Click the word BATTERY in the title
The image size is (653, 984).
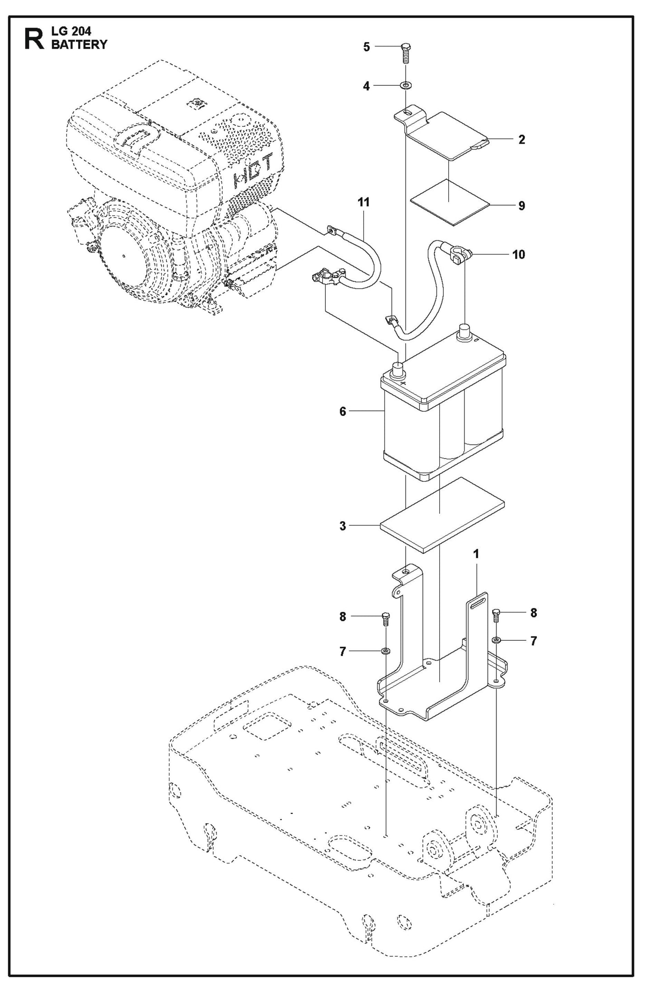pos(79,44)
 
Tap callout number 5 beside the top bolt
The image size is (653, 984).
pos(366,47)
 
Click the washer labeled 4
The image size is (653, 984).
pos(405,85)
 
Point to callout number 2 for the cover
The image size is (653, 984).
pos(521,140)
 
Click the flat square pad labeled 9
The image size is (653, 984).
pos(449,201)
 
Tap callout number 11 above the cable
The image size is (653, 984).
pos(363,202)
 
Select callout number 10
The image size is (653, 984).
pos(519,255)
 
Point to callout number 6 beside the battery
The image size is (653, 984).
pos(343,411)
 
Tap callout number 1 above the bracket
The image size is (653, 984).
pos(475,554)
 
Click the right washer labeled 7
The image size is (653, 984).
pos(496,640)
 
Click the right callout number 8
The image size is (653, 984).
pos(533,613)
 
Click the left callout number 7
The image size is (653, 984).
pos(343,651)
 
